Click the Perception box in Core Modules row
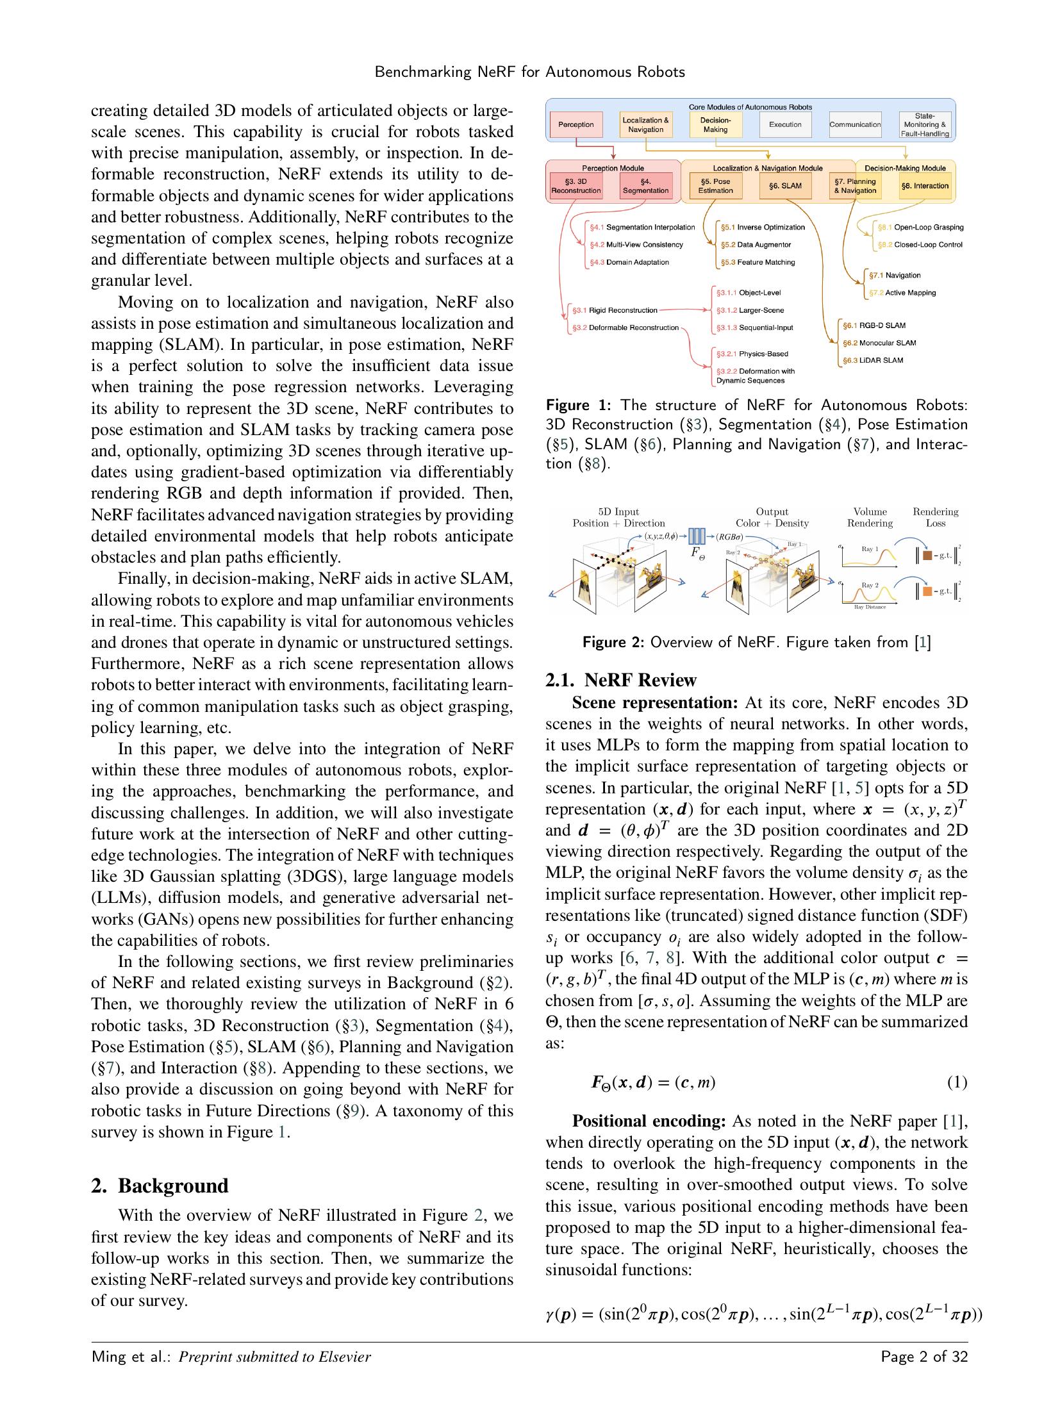576,124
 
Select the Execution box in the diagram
784,124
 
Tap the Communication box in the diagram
854,124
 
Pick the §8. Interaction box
924,186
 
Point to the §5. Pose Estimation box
715,186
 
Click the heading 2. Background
160,1186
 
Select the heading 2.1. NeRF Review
620,679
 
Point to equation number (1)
957,1082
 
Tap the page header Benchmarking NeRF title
529,72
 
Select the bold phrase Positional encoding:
648,1121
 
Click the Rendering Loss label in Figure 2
935,517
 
